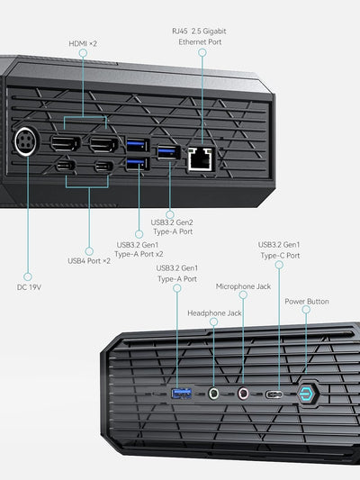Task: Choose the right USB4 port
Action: [103, 166]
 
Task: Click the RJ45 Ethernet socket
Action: [200, 159]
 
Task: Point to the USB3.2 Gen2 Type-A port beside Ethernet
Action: [168, 151]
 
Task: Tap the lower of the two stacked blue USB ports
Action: [138, 163]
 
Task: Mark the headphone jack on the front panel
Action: [214, 394]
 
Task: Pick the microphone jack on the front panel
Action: [243, 394]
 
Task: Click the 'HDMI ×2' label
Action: [83, 42]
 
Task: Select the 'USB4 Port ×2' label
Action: [89, 261]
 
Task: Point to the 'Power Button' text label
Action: [307, 302]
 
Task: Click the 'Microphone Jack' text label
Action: [243, 286]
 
